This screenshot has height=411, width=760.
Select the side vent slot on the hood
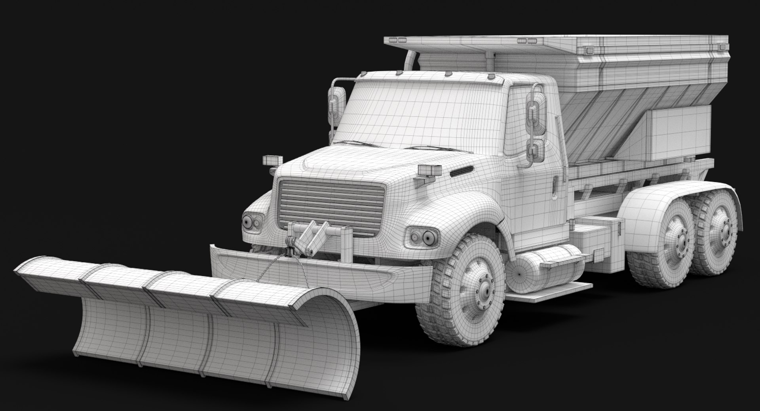461,171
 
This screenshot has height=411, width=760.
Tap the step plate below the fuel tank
550,289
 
